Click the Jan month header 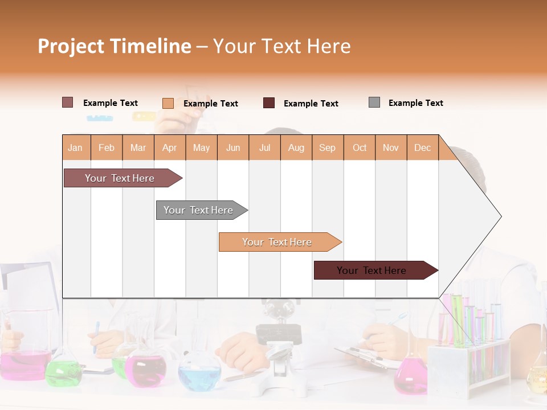(x=76, y=148)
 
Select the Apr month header (x=170, y=148)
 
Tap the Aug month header (x=296, y=148)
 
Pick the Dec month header (x=422, y=148)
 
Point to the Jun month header (x=233, y=148)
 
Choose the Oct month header (x=360, y=148)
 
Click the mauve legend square (x=68, y=102)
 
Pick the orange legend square (x=168, y=103)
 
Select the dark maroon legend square (x=269, y=103)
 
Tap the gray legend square (x=374, y=102)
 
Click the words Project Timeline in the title (x=115, y=46)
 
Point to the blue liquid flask (x=199, y=375)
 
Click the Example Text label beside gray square (x=415, y=103)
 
